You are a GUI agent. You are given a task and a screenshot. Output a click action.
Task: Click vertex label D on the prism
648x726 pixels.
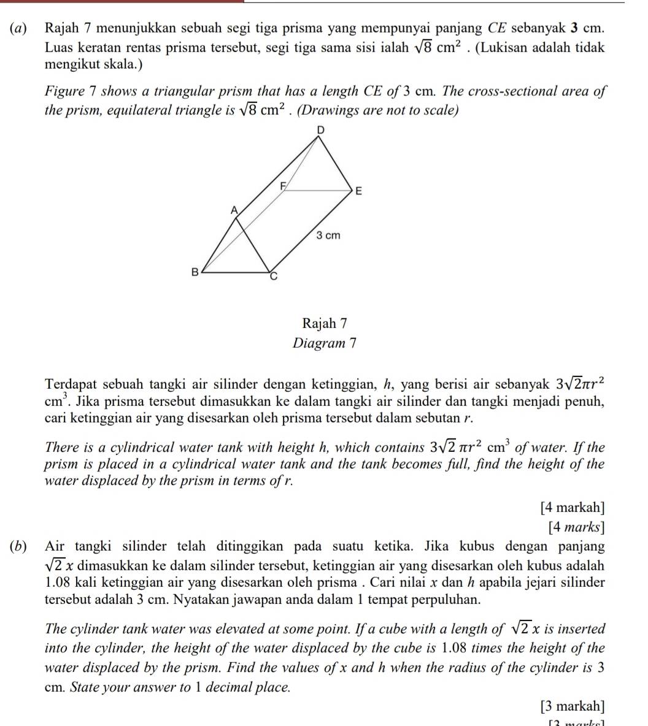318,131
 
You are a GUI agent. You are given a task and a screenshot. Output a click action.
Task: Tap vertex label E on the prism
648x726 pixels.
359,191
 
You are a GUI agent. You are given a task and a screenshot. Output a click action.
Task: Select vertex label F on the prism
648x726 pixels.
283,184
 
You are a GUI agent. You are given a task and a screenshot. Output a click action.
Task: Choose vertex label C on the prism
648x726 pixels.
275,277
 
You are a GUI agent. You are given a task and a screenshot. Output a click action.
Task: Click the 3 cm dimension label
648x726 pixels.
328,235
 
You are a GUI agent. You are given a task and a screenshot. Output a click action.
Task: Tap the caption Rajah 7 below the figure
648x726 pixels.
325,323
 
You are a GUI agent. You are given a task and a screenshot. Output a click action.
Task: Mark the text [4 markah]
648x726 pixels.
572,507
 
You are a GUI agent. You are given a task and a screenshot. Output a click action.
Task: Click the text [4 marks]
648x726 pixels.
576,526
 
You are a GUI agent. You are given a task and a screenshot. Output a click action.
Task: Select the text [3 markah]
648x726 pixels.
572,706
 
